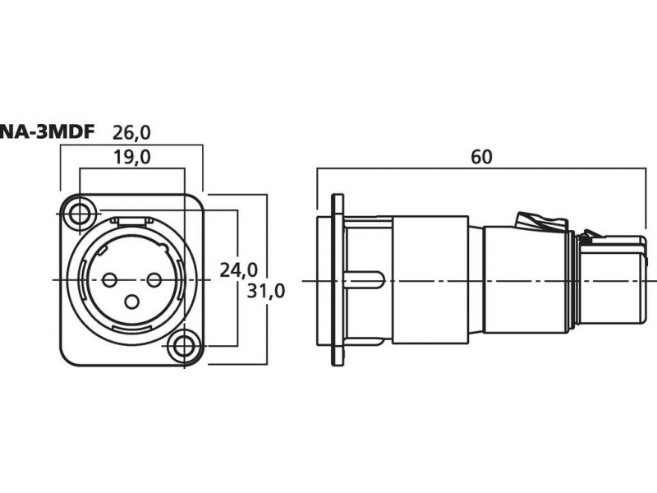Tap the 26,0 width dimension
(132, 131)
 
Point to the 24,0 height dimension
(238, 269)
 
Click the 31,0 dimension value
(264, 290)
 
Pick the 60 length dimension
(482, 156)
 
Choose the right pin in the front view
(154, 280)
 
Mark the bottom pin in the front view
(131, 302)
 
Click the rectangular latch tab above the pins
(131, 222)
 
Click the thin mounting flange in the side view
(337, 280)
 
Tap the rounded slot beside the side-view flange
(366, 280)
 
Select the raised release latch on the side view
(540, 221)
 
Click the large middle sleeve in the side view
(430, 280)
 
